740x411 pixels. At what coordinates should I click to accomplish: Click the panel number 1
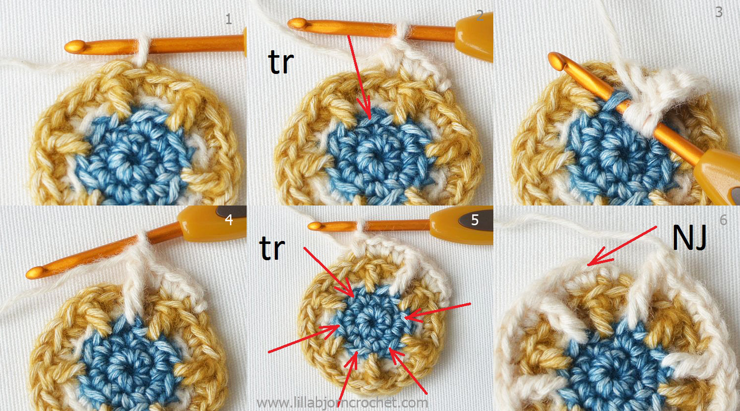point(228,19)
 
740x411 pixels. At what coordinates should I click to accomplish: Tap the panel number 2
point(480,15)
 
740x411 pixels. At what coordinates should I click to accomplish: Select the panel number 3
point(719,12)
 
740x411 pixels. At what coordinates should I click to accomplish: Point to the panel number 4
point(228,219)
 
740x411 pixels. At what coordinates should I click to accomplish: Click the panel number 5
point(475,220)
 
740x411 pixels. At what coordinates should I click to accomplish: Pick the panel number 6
point(723,220)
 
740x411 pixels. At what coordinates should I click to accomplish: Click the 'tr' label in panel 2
point(281,62)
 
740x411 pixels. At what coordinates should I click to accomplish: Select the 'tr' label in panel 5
point(272,248)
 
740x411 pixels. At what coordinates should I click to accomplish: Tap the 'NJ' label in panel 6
point(690,238)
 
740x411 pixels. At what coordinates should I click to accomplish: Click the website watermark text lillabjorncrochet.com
point(342,403)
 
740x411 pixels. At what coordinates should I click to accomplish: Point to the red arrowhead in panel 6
point(598,258)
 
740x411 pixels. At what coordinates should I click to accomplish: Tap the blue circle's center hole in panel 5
point(370,321)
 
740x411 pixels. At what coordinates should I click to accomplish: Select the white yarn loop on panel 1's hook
point(142,49)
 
